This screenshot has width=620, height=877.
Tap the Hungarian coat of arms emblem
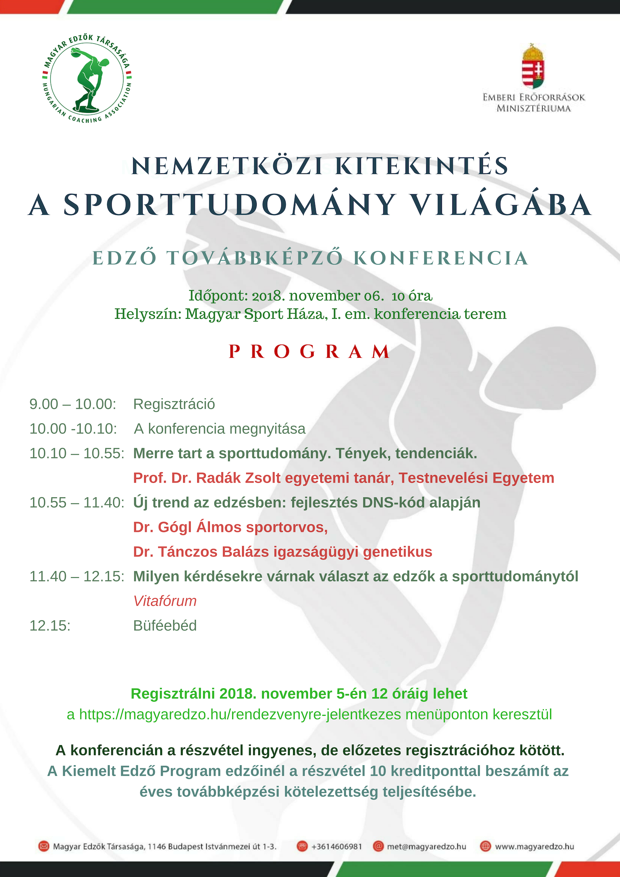coord(534,67)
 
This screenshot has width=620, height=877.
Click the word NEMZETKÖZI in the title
coord(227,166)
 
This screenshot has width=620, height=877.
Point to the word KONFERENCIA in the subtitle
coord(441,258)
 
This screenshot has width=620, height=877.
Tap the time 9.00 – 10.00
coord(73,404)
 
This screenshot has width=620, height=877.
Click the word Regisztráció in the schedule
coord(174,404)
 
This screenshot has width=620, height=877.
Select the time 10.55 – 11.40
coord(77,502)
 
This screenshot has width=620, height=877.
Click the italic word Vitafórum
coord(165,601)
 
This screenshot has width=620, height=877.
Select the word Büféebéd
coord(165,625)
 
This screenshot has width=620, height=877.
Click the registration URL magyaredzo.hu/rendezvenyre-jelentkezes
coord(240,714)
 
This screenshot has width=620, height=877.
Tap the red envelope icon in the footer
coord(44,847)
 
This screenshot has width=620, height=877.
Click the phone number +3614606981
coord(337,847)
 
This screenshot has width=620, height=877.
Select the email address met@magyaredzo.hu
coord(427,847)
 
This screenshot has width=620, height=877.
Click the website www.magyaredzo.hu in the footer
coord(534,847)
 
